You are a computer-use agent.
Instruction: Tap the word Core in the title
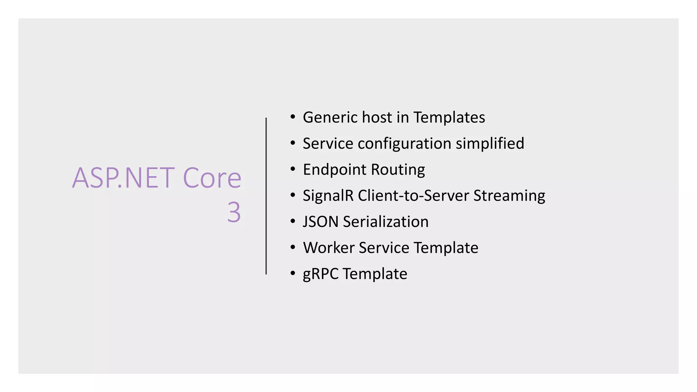pos(212,178)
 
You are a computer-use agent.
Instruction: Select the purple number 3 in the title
pos(234,212)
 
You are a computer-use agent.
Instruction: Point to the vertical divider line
pos(266,196)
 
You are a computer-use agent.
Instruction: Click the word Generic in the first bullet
pos(330,117)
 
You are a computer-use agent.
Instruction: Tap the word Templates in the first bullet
pos(449,117)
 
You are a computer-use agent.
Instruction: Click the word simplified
pos(490,143)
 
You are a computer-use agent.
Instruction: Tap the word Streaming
pos(509,196)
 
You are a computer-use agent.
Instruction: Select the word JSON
pos(320,222)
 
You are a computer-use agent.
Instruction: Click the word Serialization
pos(386,222)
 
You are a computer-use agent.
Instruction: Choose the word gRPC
pos(321,274)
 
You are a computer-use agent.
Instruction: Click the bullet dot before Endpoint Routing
pos(293,169)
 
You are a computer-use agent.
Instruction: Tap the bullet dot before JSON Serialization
pos(293,222)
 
